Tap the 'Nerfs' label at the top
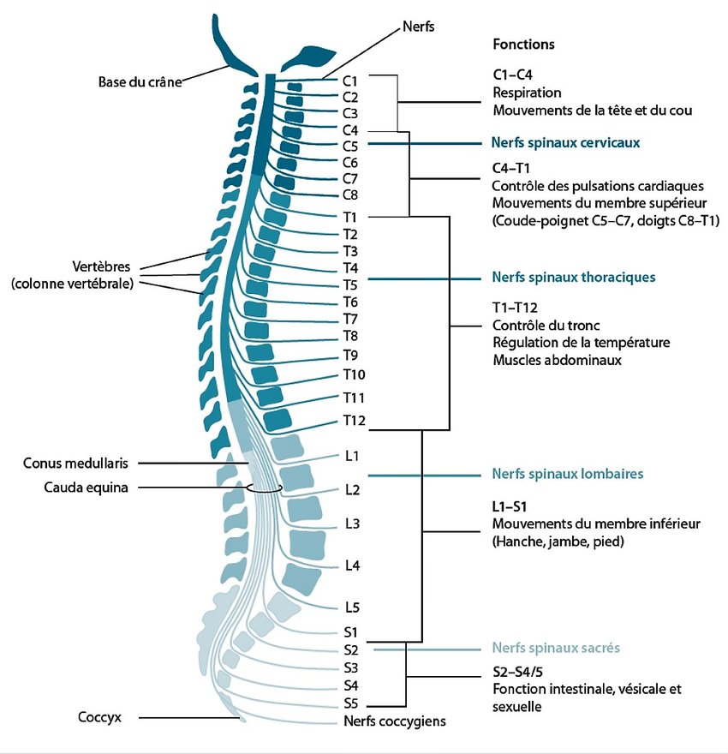pyautogui.click(x=419, y=27)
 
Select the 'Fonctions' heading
pyautogui.click(x=523, y=44)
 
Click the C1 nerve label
pyautogui.click(x=349, y=81)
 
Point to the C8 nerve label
pyautogui.click(x=349, y=194)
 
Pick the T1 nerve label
pyautogui.click(x=349, y=217)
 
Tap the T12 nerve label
pyautogui.click(x=354, y=420)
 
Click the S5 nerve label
pyautogui.click(x=350, y=704)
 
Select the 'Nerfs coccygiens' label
pyautogui.click(x=395, y=721)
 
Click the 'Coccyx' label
pyautogui.click(x=99, y=717)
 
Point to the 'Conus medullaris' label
pyautogui.click(x=76, y=463)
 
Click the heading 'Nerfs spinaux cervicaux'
pyautogui.click(x=565, y=142)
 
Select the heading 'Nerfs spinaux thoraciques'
pyautogui.click(x=573, y=278)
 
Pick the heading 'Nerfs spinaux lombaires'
pyautogui.click(x=567, y=473)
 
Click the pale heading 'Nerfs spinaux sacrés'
pyautogui.click(x=556, y=648)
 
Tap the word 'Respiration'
pyautogui.click(x=527, y=93)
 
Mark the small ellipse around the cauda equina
pyautogui.click(x=264, y=488)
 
